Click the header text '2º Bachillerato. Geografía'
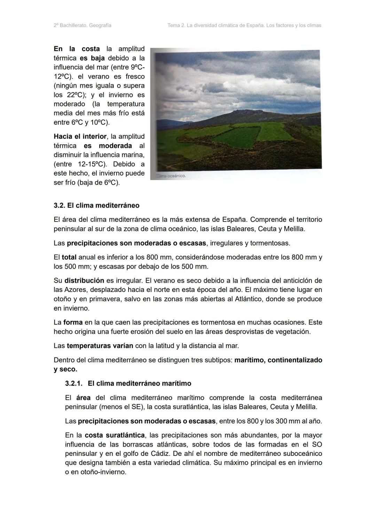pos(83,25)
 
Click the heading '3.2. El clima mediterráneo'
pos(96,206)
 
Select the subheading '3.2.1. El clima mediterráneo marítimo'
pos(128,384)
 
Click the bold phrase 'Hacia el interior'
pos(80,137)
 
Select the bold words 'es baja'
pos(92,58)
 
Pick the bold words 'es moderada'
pos(108,146)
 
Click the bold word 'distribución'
pos(84,281)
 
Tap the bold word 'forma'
pos(73,322)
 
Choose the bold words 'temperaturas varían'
pos(100,346)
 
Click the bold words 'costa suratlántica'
pos(115,435)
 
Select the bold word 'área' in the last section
pos(83,398)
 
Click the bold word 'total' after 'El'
pos(69,257)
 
